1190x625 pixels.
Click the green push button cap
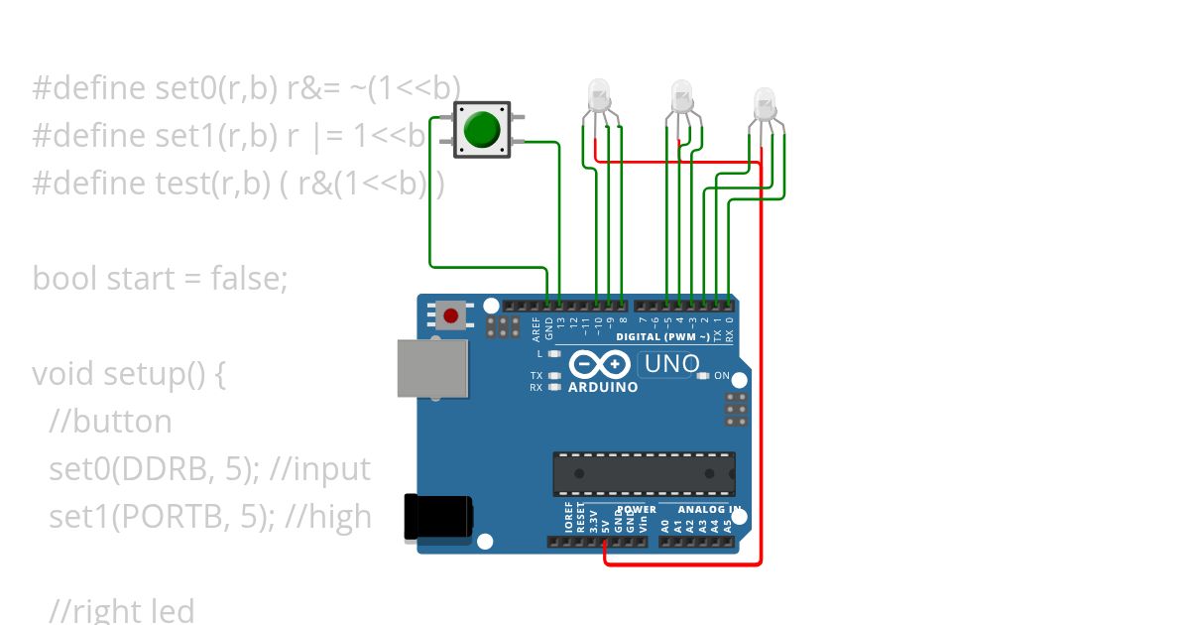[482, 129]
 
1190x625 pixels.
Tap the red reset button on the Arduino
[451, 316]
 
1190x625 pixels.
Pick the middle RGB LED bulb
[682, 95]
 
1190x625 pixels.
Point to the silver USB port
[431, 368]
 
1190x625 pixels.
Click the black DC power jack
[437, 518]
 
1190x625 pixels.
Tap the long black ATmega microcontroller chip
[644, 473]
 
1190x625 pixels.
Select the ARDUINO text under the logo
[603, 388]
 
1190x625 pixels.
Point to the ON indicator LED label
[721, 376]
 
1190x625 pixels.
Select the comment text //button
[110, 422]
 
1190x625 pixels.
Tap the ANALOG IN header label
[708, 510]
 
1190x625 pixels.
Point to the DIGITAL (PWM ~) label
[662, 337]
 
